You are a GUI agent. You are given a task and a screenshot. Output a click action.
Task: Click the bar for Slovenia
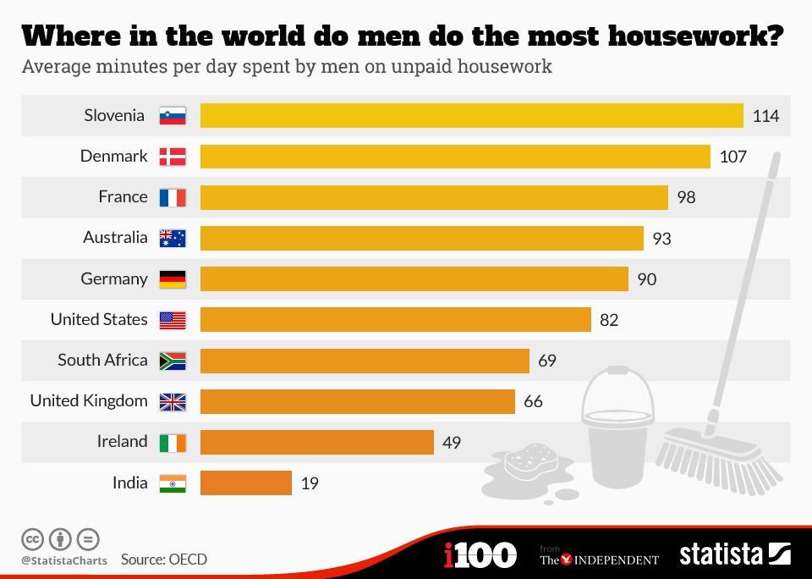point(471,115)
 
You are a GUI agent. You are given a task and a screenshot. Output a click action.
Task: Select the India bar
point(245,482)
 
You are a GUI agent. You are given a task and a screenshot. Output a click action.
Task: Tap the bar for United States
point(395,319)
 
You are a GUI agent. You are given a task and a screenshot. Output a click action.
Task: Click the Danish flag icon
point(173,157)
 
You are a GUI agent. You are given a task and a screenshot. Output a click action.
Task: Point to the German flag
point(173,279)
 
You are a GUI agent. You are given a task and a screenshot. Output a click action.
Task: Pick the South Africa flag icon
point(173,361)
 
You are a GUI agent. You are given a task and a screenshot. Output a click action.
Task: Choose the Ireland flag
point(173,442)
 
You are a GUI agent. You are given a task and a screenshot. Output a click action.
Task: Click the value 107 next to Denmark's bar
point(732,157)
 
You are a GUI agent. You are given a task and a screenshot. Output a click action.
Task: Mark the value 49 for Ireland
point(452,442)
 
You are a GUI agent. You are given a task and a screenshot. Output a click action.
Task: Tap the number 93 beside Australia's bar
point(661,239)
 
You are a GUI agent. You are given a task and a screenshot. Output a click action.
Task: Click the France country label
point(123,196)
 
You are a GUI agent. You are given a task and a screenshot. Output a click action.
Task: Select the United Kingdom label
point(89,400)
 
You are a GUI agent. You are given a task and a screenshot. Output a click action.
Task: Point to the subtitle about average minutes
point(287,66)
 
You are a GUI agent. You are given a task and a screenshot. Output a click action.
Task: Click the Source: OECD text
point(163,559)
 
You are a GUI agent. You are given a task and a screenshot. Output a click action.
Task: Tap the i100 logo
point(480,555)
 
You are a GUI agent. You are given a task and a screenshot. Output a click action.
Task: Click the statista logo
point(733,554)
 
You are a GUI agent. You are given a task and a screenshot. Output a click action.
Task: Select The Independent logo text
point(599,558)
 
